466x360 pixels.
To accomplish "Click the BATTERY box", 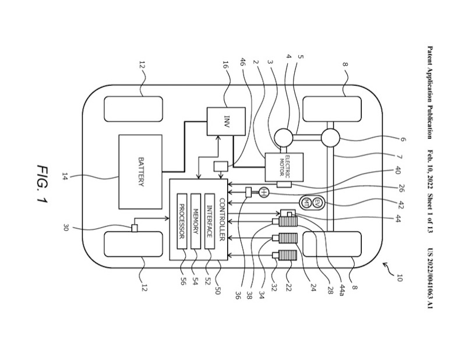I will pyautogui.click(x=140, y=171).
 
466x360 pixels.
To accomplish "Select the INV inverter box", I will pyautogui.click(x=226, y=122).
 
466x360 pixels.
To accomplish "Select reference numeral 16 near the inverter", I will pyautogui.click(x=225, y=65).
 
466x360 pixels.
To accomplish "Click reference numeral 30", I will pyautogui.click(x=65, y=228).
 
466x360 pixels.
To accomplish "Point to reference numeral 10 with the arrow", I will pyautogui.click(x=398, y=275).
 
